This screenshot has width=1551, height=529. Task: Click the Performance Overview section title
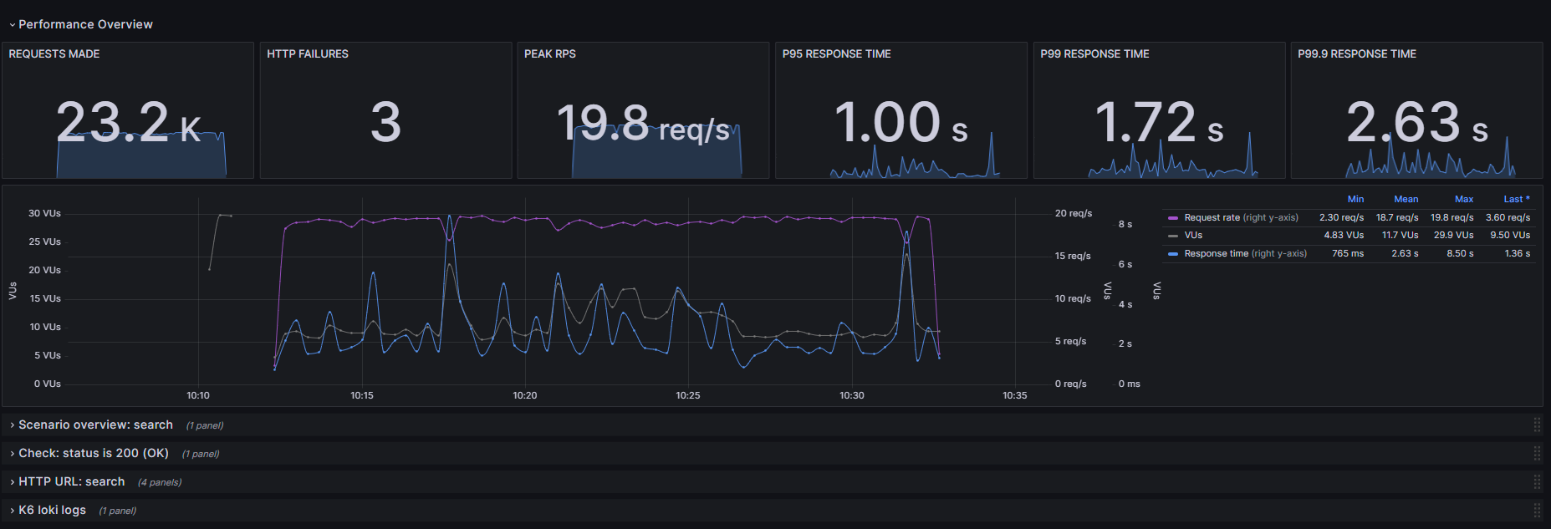point(85,24)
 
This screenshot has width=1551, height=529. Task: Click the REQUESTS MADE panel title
point(54,53)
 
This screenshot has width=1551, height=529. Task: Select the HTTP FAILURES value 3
point(385,122)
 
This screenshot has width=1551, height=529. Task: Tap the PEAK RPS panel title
point(550,53)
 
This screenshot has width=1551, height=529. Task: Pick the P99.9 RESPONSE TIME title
point(1357,53)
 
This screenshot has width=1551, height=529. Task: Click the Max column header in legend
point(1464,199)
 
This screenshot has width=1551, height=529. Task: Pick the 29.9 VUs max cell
point(1453,235)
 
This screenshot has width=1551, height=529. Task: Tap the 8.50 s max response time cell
point(1460,253)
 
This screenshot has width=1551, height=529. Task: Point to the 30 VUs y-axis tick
point(44,213)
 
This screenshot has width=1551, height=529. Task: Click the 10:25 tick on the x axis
point(688,395)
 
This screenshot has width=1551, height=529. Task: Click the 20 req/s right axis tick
point(1073,213)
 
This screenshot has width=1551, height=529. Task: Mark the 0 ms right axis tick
point(1129,384)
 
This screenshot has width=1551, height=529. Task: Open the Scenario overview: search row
point(95,425)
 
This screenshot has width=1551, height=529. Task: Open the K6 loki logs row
point(52,510)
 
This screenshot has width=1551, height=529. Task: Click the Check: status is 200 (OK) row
point(94,453)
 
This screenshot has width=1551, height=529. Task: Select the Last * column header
point(1516,199)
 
